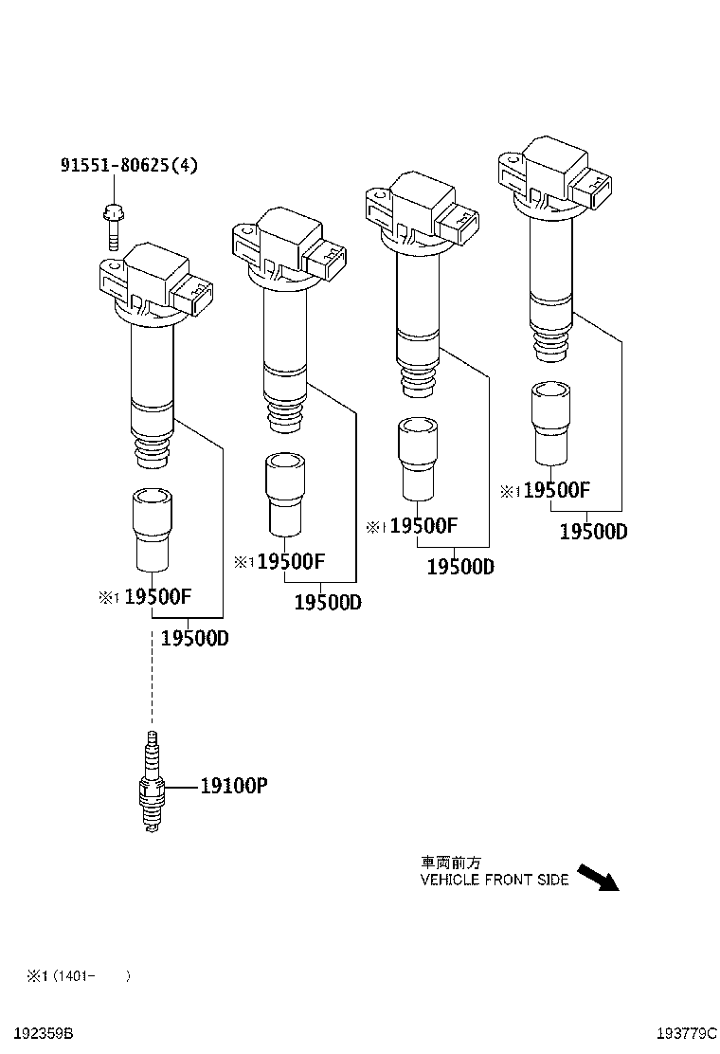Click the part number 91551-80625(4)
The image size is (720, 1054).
[130, 166]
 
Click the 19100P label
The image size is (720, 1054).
[233, 786]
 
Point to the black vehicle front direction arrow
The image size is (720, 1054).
[597, 877]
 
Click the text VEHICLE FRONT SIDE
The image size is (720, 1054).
[494, 880]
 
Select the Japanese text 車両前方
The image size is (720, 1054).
[451, 863]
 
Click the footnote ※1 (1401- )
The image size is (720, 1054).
[77, 975]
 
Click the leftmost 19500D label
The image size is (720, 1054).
[194, 638]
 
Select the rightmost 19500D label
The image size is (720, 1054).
[593, 532]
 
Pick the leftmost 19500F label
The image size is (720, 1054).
[158, 597]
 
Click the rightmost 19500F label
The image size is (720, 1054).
[556, 490]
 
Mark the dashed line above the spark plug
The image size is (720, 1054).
[152, 678]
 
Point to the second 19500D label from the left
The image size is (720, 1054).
[327, 603]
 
